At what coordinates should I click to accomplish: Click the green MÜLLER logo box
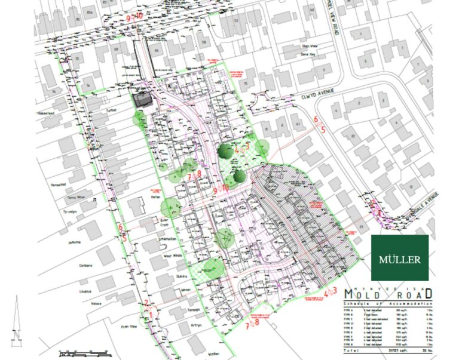click(400, 257)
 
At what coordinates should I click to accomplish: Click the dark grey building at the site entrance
click(141, 100)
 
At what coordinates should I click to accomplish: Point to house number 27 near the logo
click(360, 227)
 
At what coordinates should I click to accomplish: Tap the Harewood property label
click(58, 184)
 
